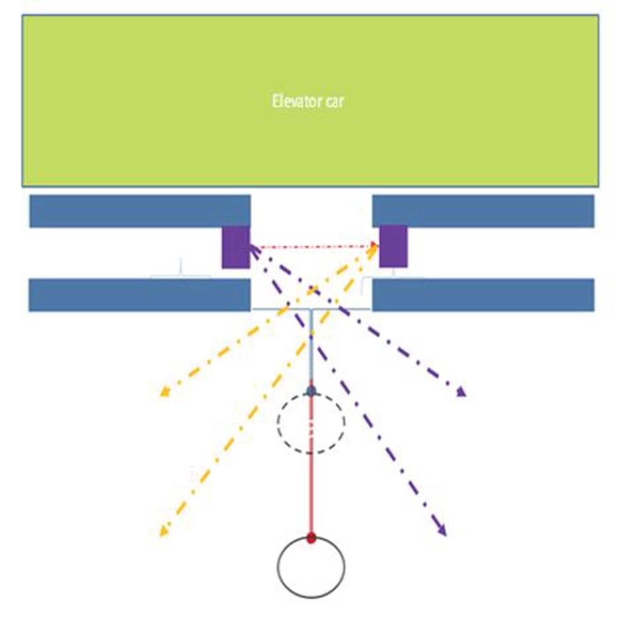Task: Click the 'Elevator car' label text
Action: [308, 101]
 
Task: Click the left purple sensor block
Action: [236, 247]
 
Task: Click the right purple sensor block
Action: [393, 246]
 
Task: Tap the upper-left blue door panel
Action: [140, 211]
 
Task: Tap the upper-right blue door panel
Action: [483, 211]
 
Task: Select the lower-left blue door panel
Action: [140, 295]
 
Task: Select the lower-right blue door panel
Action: [483, 295]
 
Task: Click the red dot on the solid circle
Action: [311, 539]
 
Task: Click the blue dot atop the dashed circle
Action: [311, 391]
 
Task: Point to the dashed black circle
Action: [278, 422]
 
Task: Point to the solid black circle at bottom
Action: [277, 567]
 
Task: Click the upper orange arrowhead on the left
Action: [164, 392]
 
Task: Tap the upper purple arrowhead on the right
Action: [461, 392]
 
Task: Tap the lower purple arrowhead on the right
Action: [442, 531]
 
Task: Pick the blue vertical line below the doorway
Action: [311, 349]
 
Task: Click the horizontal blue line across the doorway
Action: [311, 309]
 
